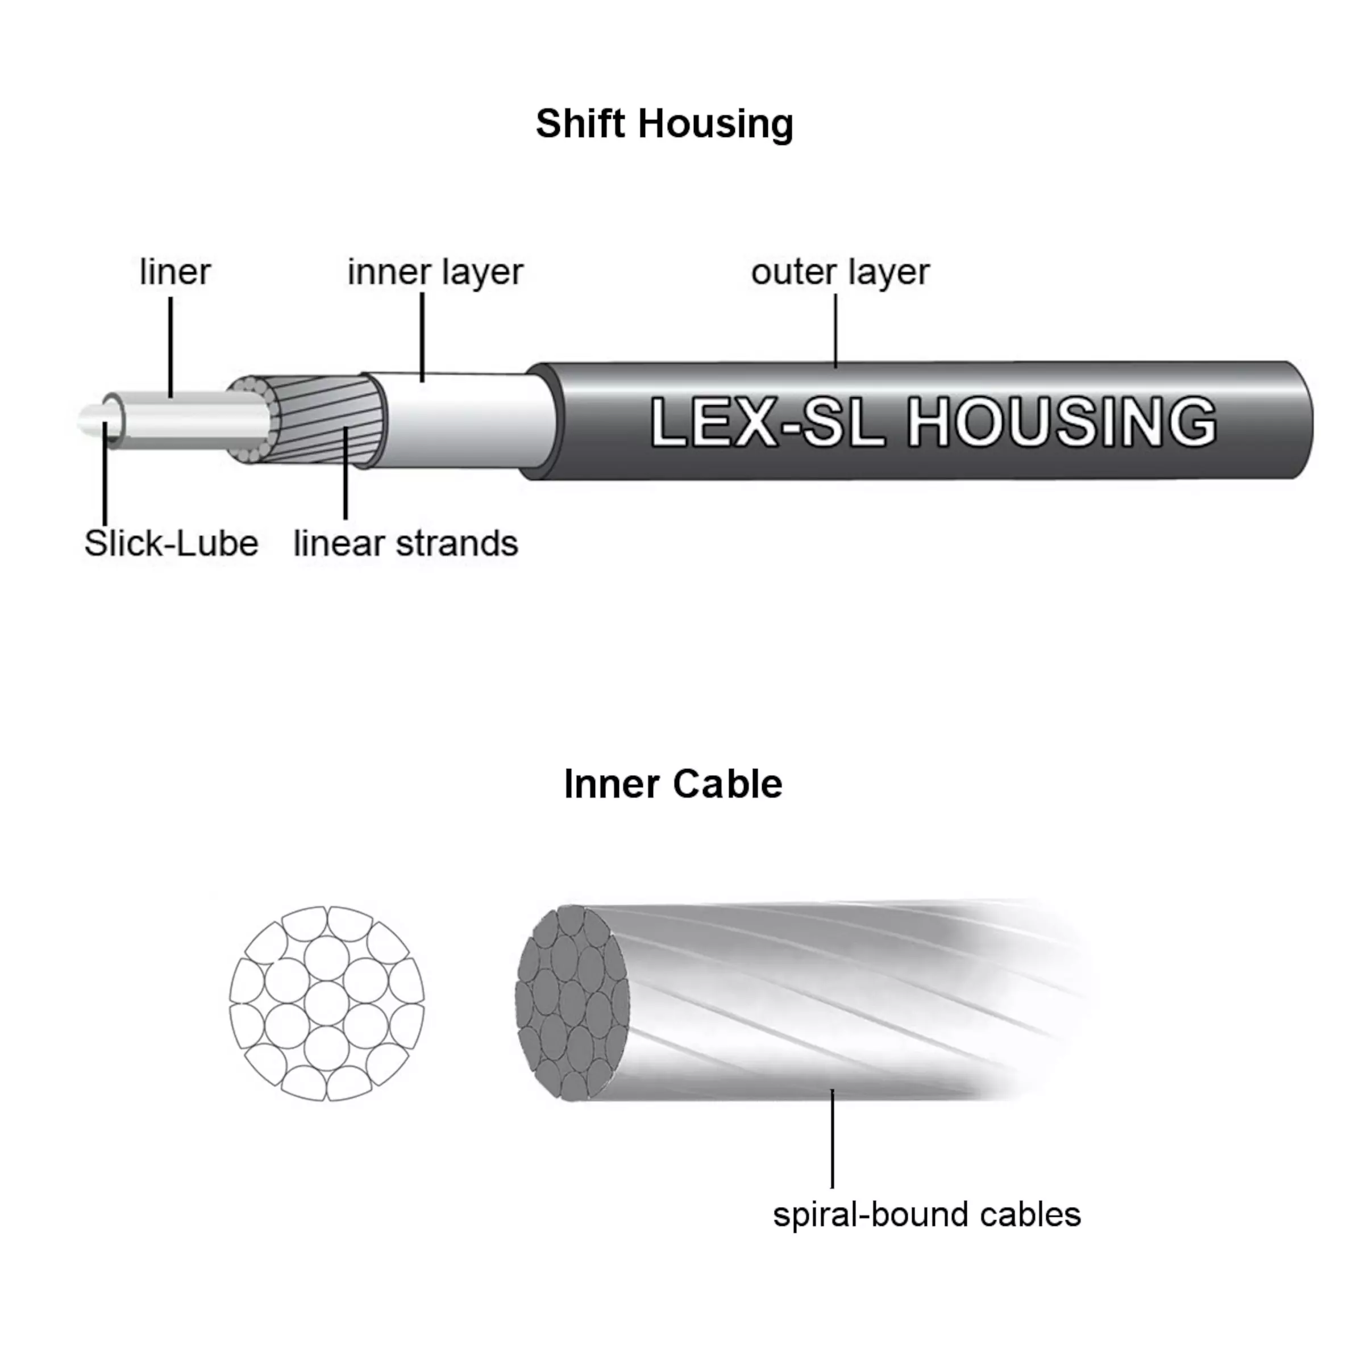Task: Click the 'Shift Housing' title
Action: (x=664, y=124)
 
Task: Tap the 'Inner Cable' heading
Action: (x=673, y=784)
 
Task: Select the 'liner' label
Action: (x=175, y=272)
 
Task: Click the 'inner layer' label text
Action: (x=435, y=272)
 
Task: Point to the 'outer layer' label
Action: (x=840, y=272)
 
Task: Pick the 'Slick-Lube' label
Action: (x=172, y=544)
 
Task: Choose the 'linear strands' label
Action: (x=405, y=544)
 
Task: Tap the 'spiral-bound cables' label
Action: (x=926, y=1215)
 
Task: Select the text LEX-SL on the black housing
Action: (x=767, y=422)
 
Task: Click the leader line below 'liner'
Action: (x=171, y=346)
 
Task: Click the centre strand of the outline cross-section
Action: (x=327, y=1003)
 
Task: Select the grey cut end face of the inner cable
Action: (x=572, y=1003)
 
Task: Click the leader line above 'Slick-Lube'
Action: (x=105, y=473)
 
